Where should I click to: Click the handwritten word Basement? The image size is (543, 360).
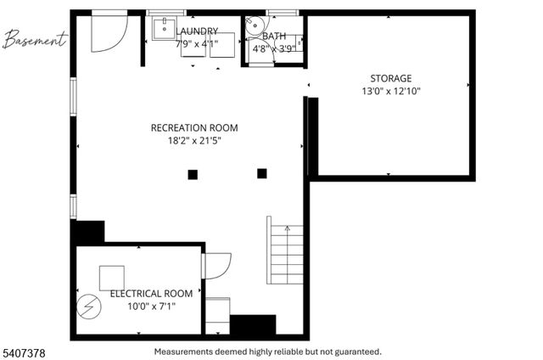click(x=35, y=39)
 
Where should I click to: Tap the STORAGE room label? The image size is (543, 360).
click(x=391, y=78)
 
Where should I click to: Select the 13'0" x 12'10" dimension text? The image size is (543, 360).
click(x=391, y=91)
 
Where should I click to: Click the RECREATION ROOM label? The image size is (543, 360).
click(x=194, y=128)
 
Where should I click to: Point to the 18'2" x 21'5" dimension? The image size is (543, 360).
click(x=194, y=141)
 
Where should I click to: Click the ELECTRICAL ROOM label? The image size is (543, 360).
click(x=145, y=293)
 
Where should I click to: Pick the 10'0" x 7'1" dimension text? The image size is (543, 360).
click(x=145, y=306)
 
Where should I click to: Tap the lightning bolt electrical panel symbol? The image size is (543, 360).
click(x=88, y=306)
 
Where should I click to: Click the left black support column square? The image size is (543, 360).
click(x=193, y=175)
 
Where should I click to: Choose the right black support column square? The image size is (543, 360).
click(x=261, y=173)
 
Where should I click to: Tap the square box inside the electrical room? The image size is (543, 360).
click(x=111, y=278)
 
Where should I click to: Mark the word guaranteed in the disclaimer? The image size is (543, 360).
click(x=355, y=351)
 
